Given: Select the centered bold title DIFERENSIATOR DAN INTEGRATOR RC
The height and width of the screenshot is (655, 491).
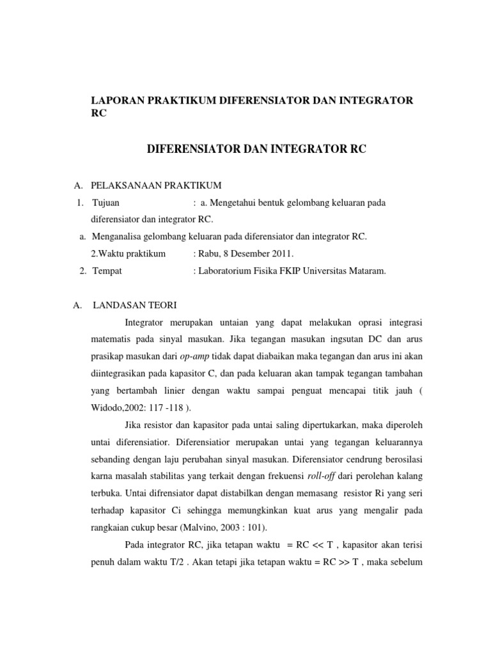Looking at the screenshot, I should [257, 150].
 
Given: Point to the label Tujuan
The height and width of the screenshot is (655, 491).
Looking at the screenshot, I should [106, 203].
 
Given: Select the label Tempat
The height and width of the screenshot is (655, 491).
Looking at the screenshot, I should [107, 271].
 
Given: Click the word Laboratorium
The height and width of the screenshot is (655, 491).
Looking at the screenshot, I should [225, 271].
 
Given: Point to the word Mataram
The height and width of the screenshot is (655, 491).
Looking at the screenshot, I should [367, 271].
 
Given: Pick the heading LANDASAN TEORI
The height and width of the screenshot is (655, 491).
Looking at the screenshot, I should [135, 305].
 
